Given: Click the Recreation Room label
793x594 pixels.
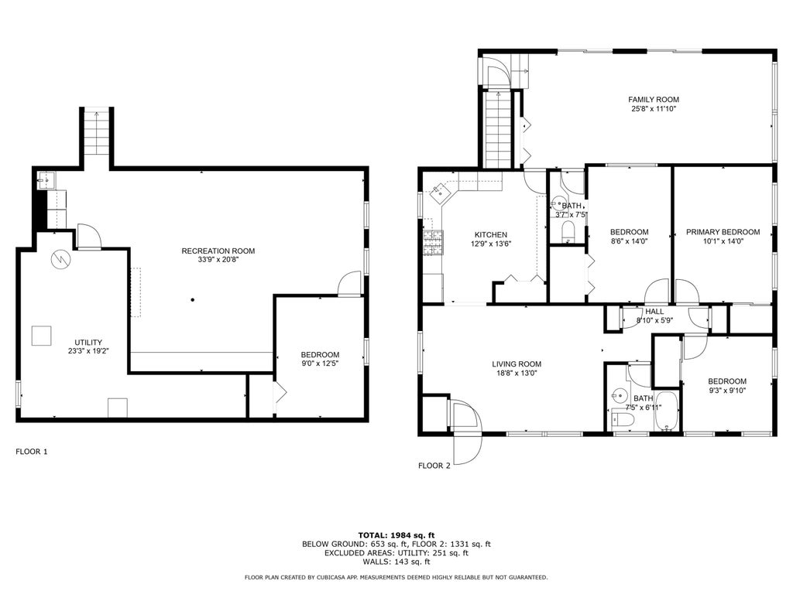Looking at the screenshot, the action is click(218, 251).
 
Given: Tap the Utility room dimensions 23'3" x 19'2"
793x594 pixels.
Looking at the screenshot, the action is click(88, 351).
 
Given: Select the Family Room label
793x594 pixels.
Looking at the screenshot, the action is click(654, 100).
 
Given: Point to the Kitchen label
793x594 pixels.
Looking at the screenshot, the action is click(490, 235).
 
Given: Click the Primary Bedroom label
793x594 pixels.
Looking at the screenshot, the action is click(723, 232).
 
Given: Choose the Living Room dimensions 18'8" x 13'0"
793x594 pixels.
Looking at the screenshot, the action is click(517, 374).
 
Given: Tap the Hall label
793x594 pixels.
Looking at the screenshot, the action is click(654, 312).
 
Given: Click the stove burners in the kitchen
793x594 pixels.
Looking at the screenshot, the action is click(433, 242).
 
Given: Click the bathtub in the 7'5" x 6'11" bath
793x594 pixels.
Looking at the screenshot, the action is click(667, 411).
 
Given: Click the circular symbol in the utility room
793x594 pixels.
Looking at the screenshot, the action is click(60, 259).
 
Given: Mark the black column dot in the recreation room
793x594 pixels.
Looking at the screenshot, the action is click(193, 300).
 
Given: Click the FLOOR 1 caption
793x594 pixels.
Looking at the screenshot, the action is click(31, 452).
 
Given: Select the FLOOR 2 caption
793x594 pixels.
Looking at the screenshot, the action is click(434, 466).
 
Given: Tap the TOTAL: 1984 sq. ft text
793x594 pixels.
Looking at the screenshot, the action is click(396, 535).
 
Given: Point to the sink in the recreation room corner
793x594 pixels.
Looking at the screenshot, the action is click(47, 179).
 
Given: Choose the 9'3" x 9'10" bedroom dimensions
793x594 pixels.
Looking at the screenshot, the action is click(727, 390).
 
